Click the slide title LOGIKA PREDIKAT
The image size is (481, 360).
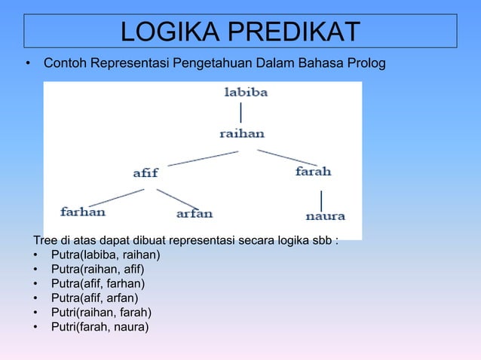tap(240, 32)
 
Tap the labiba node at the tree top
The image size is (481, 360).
tap(246, 93)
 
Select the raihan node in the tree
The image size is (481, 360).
tap(242, 133)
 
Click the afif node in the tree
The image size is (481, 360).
tap(146, 172)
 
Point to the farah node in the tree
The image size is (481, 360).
tap(313, 172)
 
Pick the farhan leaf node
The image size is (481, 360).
tap(83, 212)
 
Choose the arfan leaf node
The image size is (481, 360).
tap(194, 214)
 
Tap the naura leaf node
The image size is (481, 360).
tap(325, 216)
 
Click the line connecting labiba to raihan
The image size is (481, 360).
tap(241, 113)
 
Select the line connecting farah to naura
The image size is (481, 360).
tap(322, 200)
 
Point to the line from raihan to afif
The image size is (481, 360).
tap(203, 157)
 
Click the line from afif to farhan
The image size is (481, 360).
tap(116, 197)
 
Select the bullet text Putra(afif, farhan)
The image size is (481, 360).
tap(98, 283)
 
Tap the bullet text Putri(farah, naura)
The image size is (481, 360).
tap(100, 326)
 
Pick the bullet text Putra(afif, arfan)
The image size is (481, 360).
tap(94, 297)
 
